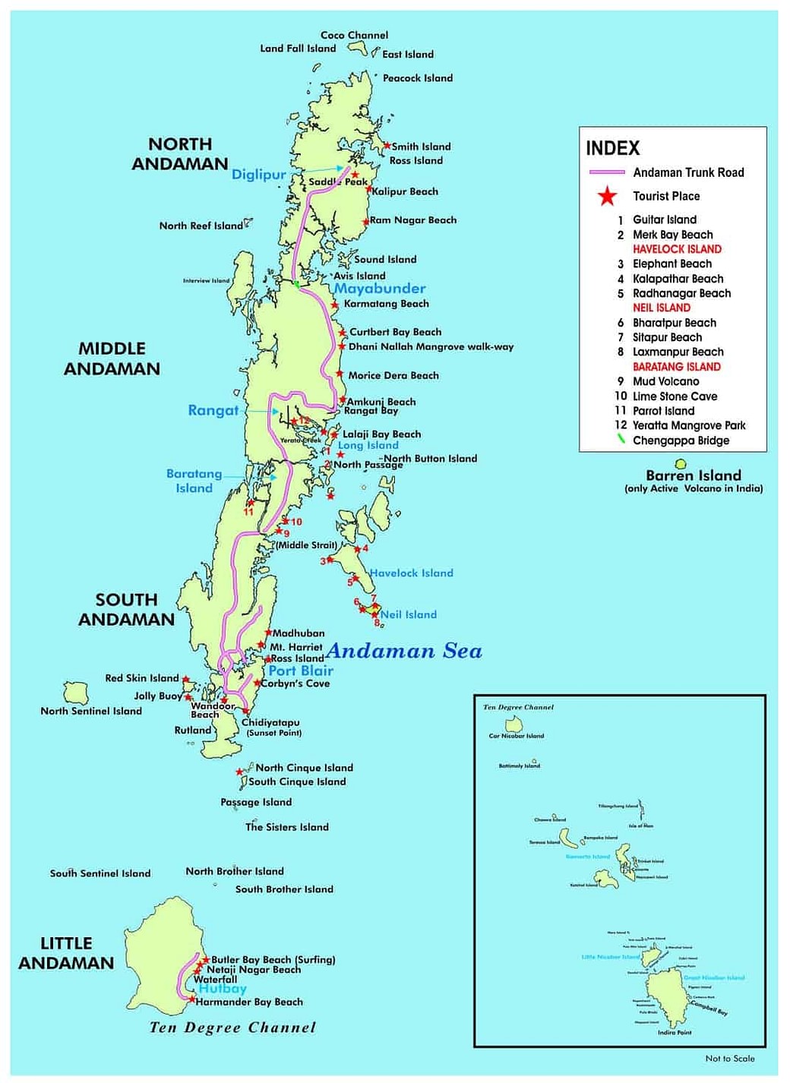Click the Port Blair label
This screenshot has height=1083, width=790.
point(301,671)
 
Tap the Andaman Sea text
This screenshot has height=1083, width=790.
point(404,651)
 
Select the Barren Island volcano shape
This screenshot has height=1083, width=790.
point(681,464)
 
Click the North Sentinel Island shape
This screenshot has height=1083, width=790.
point(75,693)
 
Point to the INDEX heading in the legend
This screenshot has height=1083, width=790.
point(612,148)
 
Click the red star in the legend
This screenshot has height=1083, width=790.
point(607,197)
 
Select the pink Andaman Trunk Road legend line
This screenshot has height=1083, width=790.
point(607,172)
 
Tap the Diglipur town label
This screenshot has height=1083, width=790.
point(258,175)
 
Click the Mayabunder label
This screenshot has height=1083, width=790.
point(380,289)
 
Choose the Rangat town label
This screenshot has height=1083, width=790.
point(213,410)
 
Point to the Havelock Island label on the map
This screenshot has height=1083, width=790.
point(411,573)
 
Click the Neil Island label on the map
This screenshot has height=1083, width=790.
point(409,614)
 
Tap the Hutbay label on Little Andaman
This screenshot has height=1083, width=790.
point(223,989)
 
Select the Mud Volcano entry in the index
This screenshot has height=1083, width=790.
point(665,381)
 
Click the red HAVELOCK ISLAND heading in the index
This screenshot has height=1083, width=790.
point(677,249)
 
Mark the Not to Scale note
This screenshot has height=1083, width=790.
point(729,1058)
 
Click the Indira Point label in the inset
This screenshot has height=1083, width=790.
point(675,1032)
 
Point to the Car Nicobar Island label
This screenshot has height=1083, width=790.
point(517,735)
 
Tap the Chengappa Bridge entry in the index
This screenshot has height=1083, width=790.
point(681,440)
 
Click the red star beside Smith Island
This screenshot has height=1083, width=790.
point(387,145)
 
